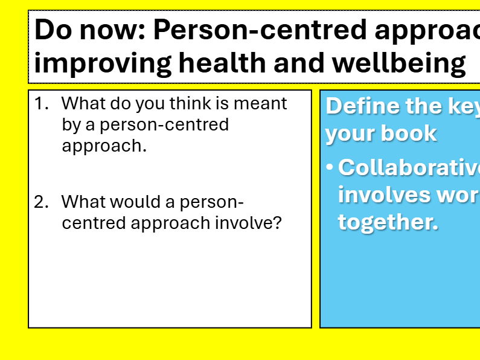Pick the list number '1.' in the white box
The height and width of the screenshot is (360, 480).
(41, 104)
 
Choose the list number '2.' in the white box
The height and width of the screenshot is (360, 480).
(41, 202)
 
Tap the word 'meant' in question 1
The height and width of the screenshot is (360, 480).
(260, 104)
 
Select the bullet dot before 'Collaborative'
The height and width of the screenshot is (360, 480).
(330, 167)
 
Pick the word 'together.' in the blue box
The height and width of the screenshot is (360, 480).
(388, 222)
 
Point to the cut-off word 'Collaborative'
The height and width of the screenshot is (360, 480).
(408, 167)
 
